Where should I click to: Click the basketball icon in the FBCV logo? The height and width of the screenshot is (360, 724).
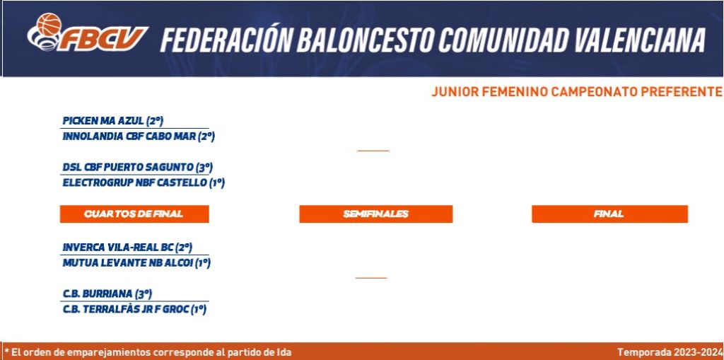click(49, 24)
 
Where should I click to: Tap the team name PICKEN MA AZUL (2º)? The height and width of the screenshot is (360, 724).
click(113, 121)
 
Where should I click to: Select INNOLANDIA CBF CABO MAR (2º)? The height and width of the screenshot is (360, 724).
click(139, 137)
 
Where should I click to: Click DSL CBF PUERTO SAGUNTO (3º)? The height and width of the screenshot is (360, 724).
click(138, 168)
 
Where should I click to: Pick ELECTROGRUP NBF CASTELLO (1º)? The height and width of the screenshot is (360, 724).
click(144, 183)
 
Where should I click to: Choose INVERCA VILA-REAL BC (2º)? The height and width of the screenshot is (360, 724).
click(127, 248)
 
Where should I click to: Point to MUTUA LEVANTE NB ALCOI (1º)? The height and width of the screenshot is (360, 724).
click(136, 263)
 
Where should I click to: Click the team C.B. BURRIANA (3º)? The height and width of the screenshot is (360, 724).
click(107, 294)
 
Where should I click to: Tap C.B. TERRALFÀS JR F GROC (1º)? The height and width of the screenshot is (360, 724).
click(134, 310)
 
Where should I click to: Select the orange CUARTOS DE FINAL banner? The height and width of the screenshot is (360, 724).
click(134, 214)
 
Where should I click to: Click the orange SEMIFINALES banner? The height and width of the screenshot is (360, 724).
click(376, 214)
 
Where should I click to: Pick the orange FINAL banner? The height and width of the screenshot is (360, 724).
click(609, 214)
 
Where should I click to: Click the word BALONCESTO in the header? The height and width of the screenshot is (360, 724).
click(365, 40)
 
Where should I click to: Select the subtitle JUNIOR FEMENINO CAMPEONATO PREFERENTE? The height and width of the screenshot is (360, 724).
click(577, 92)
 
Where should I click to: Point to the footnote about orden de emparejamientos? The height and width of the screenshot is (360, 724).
click(148, 352)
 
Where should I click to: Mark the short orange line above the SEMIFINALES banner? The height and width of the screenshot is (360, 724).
click(373, 151)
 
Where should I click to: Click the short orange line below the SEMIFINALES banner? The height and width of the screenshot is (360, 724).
click(371, 278)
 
